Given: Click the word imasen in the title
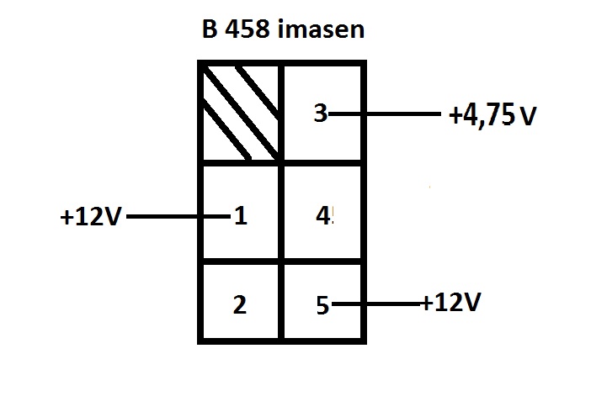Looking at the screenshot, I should point(322,30).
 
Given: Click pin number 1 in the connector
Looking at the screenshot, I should point(240,217).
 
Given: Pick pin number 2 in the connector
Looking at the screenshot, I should point(240,304).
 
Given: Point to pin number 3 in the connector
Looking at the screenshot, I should point(320,114).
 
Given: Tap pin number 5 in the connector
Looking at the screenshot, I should point(322,304).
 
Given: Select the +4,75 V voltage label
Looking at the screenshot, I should point(493,115).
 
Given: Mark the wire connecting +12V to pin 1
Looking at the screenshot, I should point(177,217).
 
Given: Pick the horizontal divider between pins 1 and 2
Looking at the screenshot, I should point(240,261).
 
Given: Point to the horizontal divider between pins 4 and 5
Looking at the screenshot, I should point(322,261).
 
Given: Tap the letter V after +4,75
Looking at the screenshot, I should point(527,116).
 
